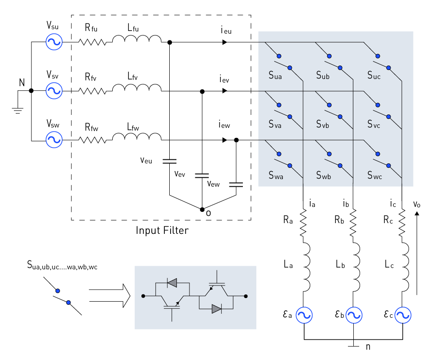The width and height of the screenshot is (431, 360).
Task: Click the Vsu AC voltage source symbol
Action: point(54,42)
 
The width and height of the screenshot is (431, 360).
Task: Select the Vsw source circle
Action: point(54,140)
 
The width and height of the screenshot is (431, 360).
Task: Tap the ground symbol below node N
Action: point(18,111)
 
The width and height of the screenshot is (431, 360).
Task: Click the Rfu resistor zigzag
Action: point(92,42)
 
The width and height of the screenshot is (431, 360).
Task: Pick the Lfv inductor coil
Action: point(137,88)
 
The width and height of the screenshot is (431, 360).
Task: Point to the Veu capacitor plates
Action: point(169,161)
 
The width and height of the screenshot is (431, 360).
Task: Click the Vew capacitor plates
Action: point(236,184)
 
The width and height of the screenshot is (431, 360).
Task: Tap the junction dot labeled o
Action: point(202,210)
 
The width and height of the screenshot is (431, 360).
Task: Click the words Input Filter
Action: point(162,230)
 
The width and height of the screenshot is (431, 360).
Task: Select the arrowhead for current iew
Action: point(224,140)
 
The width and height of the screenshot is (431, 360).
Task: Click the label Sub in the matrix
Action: point(323,75)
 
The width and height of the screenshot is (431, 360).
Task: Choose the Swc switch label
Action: point(374,176)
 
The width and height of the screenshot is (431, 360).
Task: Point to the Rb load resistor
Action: point(353,222)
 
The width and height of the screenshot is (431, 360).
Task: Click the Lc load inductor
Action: point(405,267)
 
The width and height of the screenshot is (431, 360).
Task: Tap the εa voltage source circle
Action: point(304,315)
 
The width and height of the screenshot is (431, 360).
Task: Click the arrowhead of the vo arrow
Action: point(417,214)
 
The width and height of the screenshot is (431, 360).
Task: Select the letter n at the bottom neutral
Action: point(368,347)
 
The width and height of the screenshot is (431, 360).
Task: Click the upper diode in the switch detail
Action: point(172,282)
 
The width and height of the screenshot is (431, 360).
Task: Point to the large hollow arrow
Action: point(110,295)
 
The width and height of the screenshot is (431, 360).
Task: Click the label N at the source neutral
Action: point(22,83)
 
